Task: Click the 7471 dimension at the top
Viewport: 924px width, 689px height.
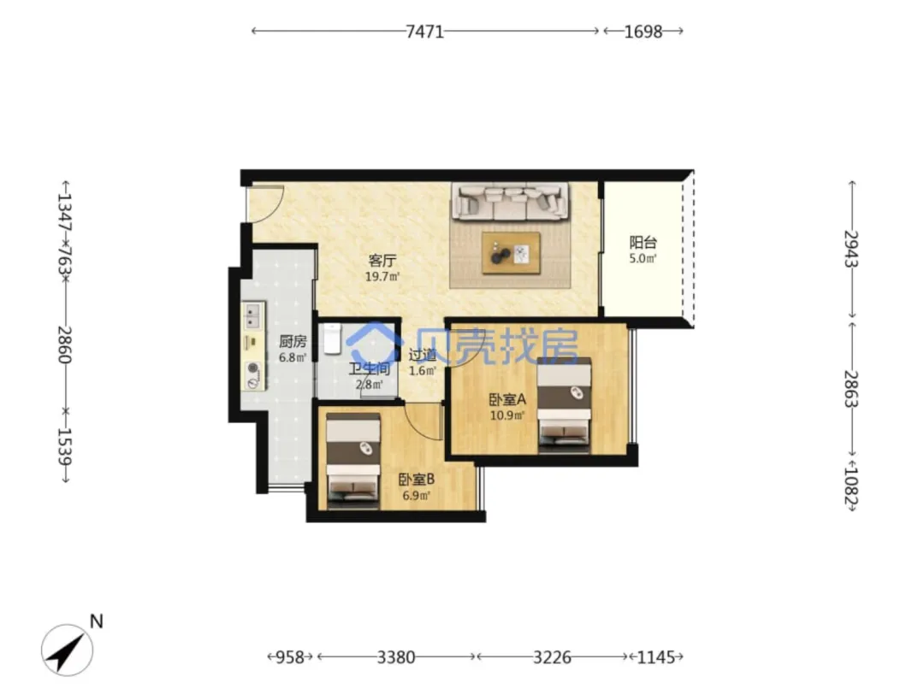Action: (x=424, y=32)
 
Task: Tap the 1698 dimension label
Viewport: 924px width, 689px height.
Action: (x=643, y=32)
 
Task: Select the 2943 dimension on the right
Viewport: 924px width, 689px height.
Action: (x=851, y=249)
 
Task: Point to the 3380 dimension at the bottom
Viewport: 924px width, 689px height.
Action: (x=396, y=657)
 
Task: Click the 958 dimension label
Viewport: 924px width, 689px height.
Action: (x=290, y=657)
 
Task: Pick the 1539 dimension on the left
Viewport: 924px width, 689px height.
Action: (x=64, y=445)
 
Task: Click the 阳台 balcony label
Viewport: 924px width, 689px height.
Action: (x=643, y=242)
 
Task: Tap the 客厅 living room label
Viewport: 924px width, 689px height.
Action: (x=382, y=260)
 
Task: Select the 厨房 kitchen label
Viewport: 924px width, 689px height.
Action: (x=293, y=342)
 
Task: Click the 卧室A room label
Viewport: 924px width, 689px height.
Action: (x=507, y=400)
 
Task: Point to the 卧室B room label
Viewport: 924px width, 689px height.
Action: (x=416, y=480)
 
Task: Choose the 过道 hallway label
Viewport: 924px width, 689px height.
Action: (x=423, y=355)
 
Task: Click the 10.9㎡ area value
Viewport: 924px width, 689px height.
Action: (x=507, y=415)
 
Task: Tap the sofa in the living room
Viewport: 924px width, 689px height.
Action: (x=510, y=201)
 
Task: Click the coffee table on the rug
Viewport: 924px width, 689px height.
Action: (x=510, y=253)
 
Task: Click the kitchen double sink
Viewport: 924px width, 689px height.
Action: (x=252, y=315)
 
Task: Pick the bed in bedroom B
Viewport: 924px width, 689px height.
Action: (x=353, y=461)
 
